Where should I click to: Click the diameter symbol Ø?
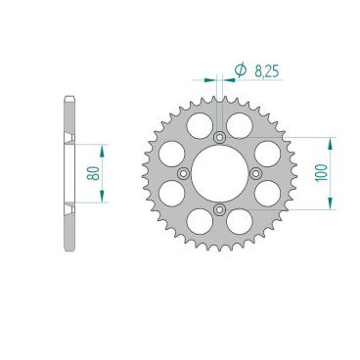pos(240,69)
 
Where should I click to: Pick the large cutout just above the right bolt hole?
pos(267,151)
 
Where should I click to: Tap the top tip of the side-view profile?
pos(67,98)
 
